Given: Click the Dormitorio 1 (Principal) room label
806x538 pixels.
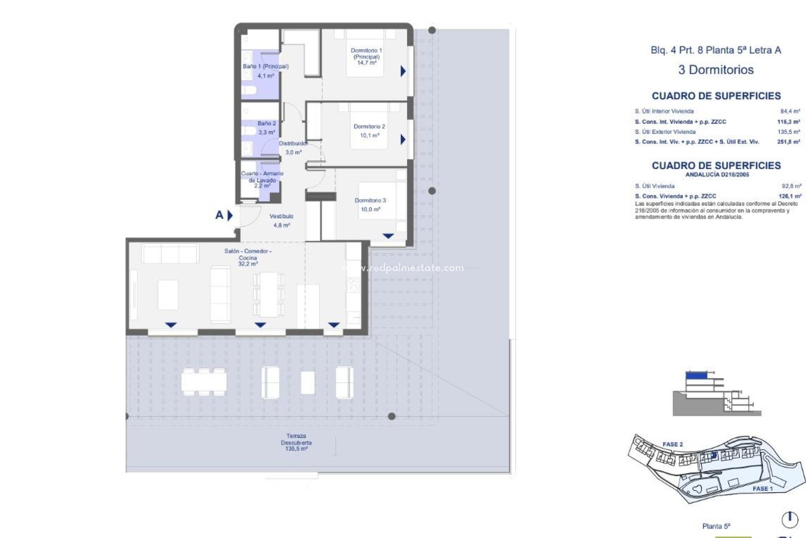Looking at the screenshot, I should click(x=366, y=56).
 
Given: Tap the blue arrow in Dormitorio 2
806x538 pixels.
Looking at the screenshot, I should click(x=403, y=139).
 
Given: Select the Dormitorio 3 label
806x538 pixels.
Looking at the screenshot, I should click(x=370, y=205).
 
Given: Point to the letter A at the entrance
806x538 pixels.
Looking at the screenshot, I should click(x=219, y=215).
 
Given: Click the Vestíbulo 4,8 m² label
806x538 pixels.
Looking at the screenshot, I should click(x=281, y=221).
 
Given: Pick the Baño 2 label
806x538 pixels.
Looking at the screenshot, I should click(x=267, y=128).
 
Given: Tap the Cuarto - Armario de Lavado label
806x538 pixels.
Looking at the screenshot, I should click(x=262, y=179).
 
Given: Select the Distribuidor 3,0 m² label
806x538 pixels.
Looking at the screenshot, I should click(x=293, y=148).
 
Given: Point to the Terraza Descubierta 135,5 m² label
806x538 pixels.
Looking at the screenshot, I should click(x=296, y=443).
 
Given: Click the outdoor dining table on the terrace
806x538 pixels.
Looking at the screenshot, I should click(x=204, y=382).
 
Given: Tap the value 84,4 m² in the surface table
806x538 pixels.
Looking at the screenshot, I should click(x=790, y=111).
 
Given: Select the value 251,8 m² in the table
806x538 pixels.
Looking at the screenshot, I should click(x=788, y=142).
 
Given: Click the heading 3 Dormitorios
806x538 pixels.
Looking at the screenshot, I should click(x=716, y=70).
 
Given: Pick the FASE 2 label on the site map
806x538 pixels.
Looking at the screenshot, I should click(x=673, y=444).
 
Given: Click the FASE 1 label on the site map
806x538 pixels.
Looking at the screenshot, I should click(x=762, y=488).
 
